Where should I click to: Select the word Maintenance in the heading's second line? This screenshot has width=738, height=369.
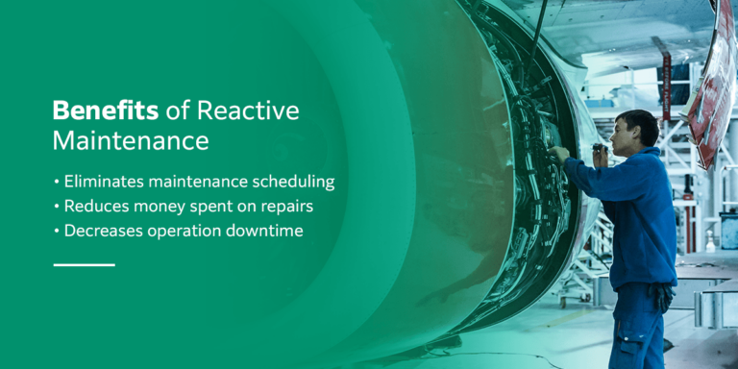coord(131,141)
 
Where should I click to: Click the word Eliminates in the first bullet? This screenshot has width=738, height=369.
coord(103,181)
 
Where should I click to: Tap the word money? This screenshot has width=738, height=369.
coord(160,206)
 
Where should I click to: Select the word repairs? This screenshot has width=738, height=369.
coord(284,206)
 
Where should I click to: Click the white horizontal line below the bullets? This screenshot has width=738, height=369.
coord(84,263)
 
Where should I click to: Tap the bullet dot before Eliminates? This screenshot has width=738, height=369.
coord(57,182)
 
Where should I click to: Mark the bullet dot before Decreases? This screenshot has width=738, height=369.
coord(57,232)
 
